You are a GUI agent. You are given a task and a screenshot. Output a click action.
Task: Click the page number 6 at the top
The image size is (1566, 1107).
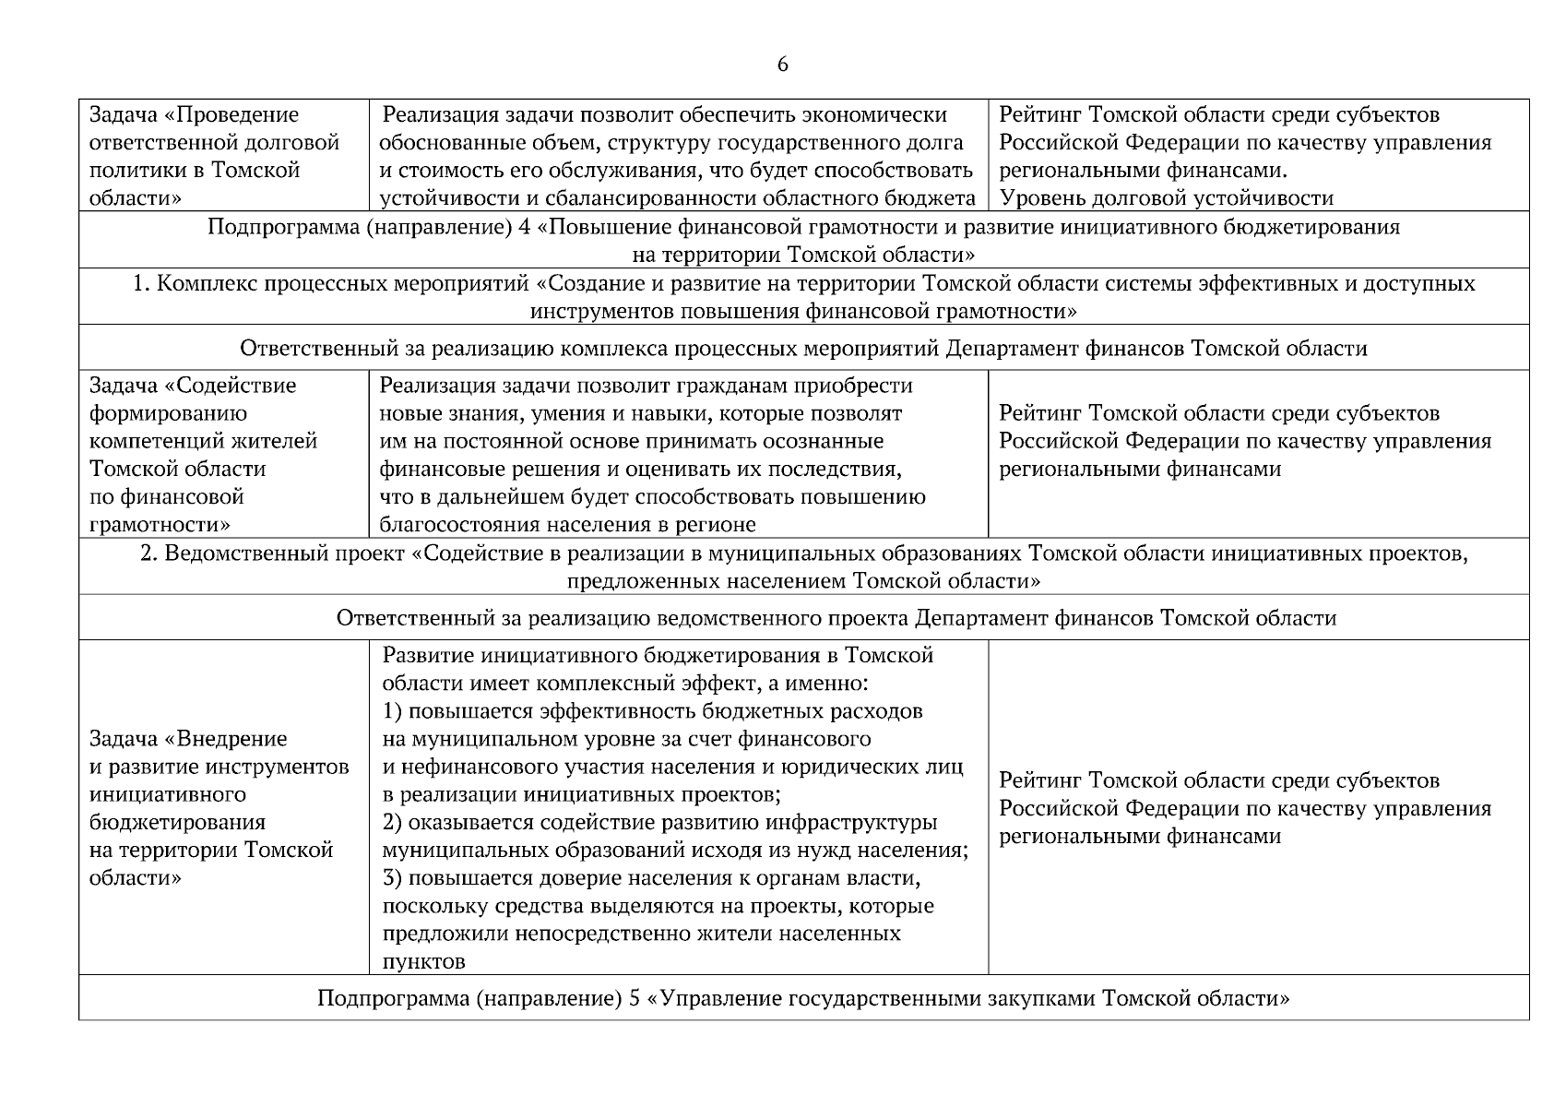tap(782, 65)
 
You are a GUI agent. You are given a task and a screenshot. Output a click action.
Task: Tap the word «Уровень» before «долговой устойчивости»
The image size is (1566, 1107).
tap(1043, 198)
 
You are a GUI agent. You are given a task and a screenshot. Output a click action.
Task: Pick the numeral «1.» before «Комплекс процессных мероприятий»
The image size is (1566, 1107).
tap(141, 283)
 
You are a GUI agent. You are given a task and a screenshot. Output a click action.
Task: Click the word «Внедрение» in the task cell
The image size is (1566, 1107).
tap(231, 739)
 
